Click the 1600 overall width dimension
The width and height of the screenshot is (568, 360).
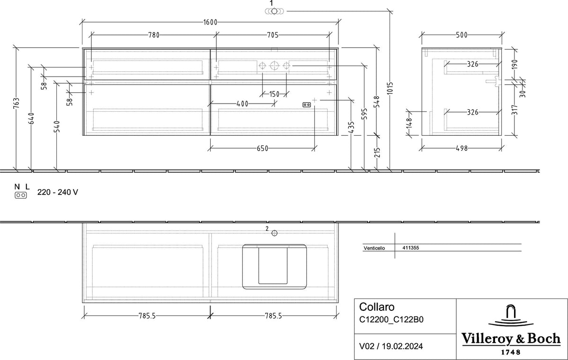[210, 22]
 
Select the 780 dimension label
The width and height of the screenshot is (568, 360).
[154, 35]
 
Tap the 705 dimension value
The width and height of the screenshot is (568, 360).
[273, 35]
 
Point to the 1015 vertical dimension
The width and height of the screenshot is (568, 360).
[390, 88]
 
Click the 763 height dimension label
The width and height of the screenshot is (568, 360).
[16, 103]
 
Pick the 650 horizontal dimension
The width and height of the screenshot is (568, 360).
[262, 149]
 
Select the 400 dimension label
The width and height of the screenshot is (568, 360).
[242, 104]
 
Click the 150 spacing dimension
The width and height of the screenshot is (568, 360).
[274, 94]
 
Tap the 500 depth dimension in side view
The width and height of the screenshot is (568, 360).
[461, 35]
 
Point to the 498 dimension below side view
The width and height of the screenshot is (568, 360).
[461, 149]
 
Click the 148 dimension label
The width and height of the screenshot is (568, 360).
[409, 123]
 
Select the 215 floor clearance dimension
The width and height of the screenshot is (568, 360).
[377, 152]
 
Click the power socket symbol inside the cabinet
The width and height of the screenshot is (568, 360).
[307, 105]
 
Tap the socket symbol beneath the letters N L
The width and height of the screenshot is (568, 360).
[20, 195]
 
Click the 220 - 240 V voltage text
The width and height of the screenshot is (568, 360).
[58, 192]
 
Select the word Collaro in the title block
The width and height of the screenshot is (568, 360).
[377, 307]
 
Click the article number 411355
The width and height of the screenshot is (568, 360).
[410, 248]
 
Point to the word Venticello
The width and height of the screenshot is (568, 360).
[374, 248]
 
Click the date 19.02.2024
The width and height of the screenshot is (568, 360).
[402, 346]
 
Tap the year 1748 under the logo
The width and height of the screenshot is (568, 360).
[511, 352]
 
